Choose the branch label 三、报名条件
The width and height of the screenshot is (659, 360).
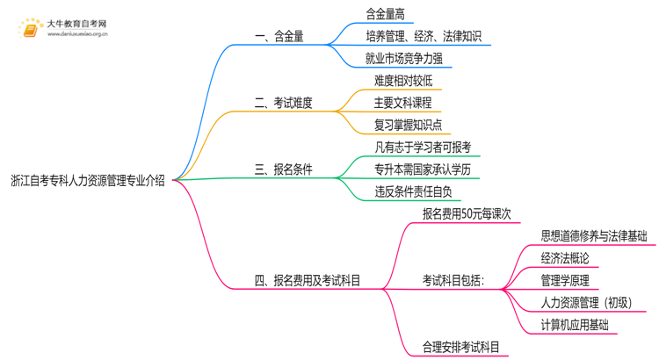click(284, 169)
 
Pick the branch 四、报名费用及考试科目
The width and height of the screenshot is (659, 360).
click(308, 281)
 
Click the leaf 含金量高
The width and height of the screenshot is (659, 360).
click(389, 14)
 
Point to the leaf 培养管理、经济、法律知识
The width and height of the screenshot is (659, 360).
click(424, 37)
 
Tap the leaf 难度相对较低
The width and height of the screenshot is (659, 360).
click(402, 81)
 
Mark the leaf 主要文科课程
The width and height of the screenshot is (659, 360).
click(402, 103)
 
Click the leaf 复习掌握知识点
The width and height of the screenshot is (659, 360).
click(408, 125)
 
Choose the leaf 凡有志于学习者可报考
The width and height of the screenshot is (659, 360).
click(423, 148)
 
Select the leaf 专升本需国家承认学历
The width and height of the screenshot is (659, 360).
click(423, 169)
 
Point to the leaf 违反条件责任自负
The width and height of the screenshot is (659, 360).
click(413, 191)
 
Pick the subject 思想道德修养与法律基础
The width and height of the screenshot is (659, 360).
click(594, 236)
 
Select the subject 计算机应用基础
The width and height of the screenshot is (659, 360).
click(575, 325)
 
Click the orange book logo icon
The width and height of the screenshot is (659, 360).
click(30, 29)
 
